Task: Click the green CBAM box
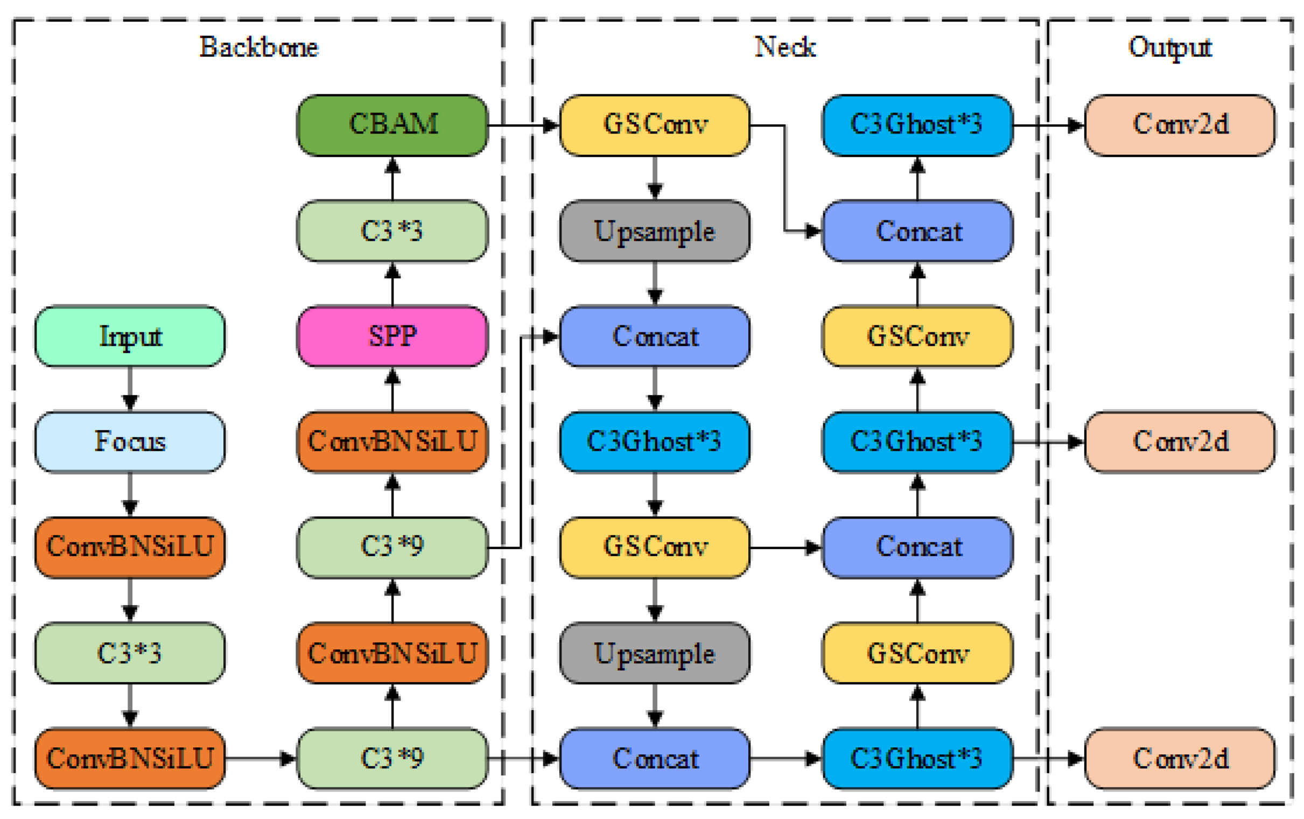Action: [x=392, y=125]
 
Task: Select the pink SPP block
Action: [x=392, y=337]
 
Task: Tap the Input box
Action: [x=130, y=337]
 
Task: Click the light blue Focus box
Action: [x=130, y=442]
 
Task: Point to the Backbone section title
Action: [x=259, y=48]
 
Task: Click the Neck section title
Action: [x=784, y=48]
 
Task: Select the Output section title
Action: [x=1170, y=48]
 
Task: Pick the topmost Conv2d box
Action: [x=1180, y=125]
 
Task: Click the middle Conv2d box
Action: [x=1180, y=442]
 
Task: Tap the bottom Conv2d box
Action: [x=1180, y=758]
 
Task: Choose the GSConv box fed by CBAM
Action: [x=655, y=125]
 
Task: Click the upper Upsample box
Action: [x=655, y=232]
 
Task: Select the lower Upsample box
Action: [x=655, y=653]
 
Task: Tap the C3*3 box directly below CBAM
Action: [x=392, y=232]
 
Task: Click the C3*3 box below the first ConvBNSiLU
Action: [x=130, y=653]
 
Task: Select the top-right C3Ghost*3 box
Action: [x=917, y=125]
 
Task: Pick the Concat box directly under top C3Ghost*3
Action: [x=917, y=232]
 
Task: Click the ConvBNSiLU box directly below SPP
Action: [x=392, y=442]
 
